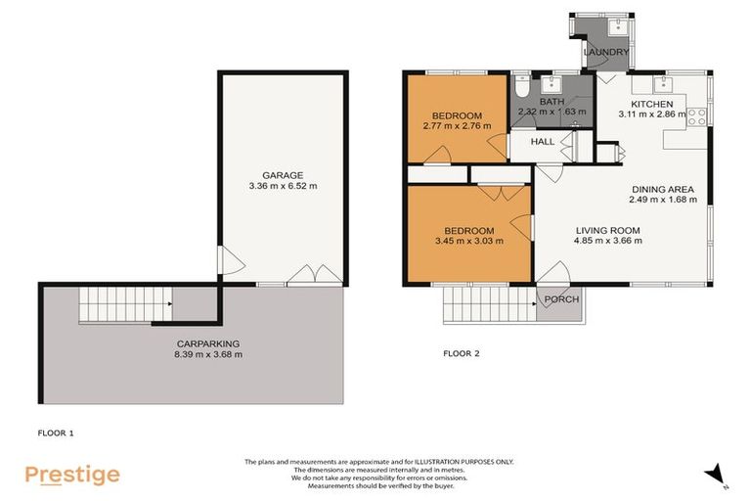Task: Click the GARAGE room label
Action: (283, 174)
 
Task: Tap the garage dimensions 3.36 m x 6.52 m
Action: (283, 185)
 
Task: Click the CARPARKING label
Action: (207, 343)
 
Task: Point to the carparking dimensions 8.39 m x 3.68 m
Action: (207, 354)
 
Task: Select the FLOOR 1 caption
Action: (56, 432)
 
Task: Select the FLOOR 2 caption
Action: (461, 353)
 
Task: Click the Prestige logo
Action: (72, 475)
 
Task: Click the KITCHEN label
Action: (651, 104)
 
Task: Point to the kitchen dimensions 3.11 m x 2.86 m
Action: (651, 114)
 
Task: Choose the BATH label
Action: (552, 101)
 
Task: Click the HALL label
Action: (542, 142)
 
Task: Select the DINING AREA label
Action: (663, 189)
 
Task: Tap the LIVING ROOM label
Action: (606, 231)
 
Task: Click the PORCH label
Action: (561, 299)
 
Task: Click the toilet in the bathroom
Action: (521, 84)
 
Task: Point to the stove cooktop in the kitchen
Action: (698, 116)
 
